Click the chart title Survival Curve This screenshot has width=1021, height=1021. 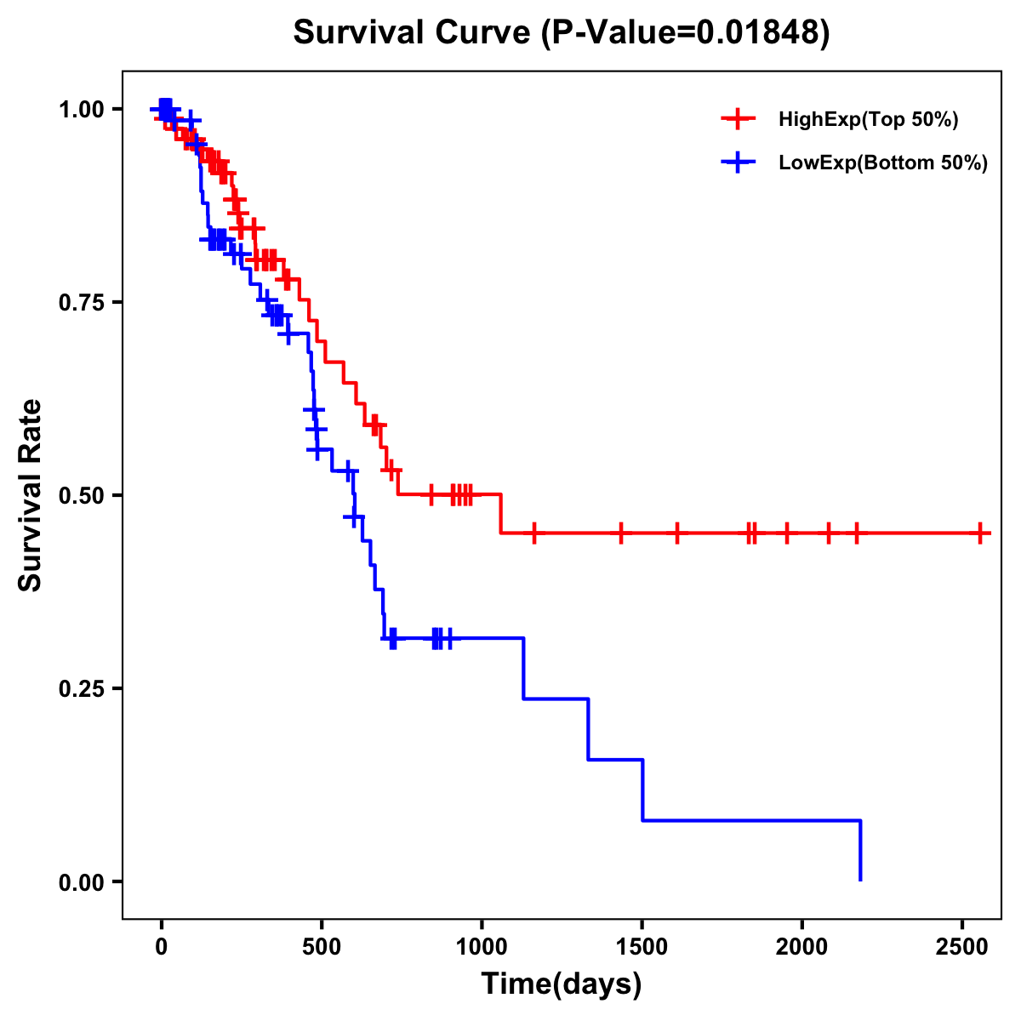[x=561, y=33]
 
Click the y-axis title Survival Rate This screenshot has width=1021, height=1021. [x=31, y=494]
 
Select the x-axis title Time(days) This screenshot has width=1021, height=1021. [x=562, y=984]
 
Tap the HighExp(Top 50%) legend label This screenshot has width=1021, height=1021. [x=868, y=120]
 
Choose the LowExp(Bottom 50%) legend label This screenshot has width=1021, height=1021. [x=883, y=163]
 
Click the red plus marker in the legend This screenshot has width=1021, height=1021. [x=738, y=119]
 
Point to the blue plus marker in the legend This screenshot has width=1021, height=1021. [x=738, y=163]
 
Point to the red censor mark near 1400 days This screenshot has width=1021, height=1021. [x=621, y=533]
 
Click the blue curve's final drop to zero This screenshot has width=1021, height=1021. [x=860, y=851]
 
